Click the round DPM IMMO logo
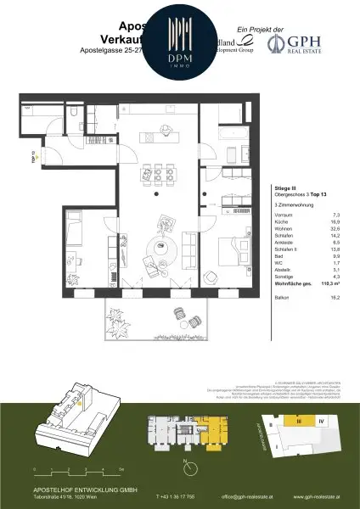(179, 41)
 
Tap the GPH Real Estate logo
(307, 42)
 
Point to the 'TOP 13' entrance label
(35, 156)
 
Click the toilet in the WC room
(76, 113)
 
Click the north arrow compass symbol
(186, 463)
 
